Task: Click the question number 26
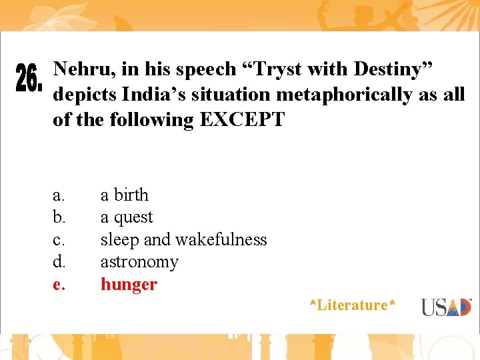tap(29, 79)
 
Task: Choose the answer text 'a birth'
tap(125, 195)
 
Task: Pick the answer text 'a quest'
tap(127, 217)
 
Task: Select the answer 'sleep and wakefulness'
tap(183, 239)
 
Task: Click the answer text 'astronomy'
tap(139, 262)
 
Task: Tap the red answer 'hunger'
tap(129, 285)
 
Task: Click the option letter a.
tap(59, 195)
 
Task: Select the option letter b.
tap(59, 217)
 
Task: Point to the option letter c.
tap(59, 240)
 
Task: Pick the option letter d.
tap(59, 262)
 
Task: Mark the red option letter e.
tap(59, 285)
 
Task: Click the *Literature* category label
tap(353, 305)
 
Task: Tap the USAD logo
tap(446, 307)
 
